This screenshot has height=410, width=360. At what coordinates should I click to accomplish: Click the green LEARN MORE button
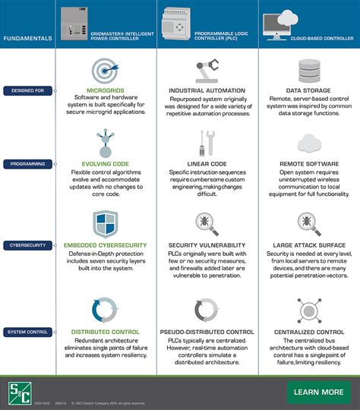coord(317,392)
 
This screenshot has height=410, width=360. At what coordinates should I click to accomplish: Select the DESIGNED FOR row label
coord(27,90)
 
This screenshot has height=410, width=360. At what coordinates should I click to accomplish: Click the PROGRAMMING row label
coord(27,163)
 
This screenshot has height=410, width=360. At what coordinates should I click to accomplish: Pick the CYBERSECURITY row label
coord(27,245)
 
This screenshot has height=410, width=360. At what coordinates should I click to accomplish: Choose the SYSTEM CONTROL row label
coord(27,332)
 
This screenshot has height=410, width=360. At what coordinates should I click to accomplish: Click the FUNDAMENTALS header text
coord(27,37)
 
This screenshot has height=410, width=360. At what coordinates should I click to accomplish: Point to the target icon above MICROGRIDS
coord(105,71)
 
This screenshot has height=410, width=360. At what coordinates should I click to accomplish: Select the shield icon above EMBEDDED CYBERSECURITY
coord(105,225)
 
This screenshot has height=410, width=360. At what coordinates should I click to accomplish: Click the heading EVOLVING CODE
coord(105,163)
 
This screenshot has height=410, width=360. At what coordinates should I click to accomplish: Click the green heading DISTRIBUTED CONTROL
coord(105,332)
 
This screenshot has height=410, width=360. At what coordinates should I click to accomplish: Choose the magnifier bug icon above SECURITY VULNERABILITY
coord(207,224)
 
